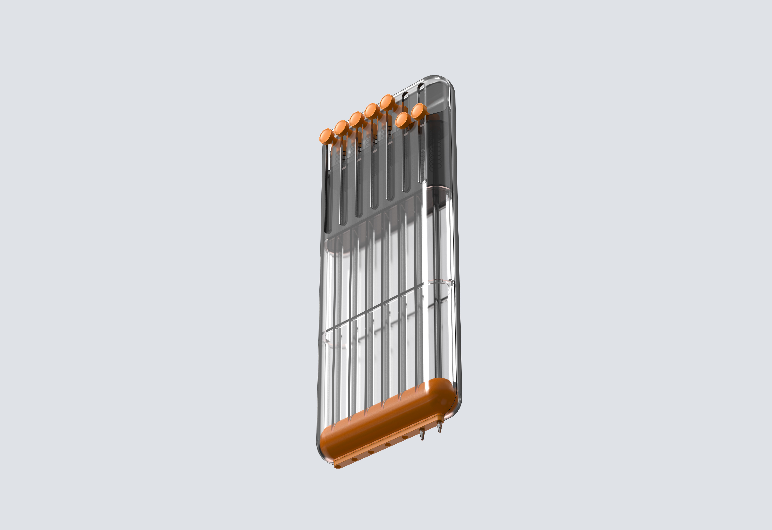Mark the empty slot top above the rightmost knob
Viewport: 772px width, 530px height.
click(x=421, y=87)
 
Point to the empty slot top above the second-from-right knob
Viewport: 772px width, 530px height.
click(x=405, y=95)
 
